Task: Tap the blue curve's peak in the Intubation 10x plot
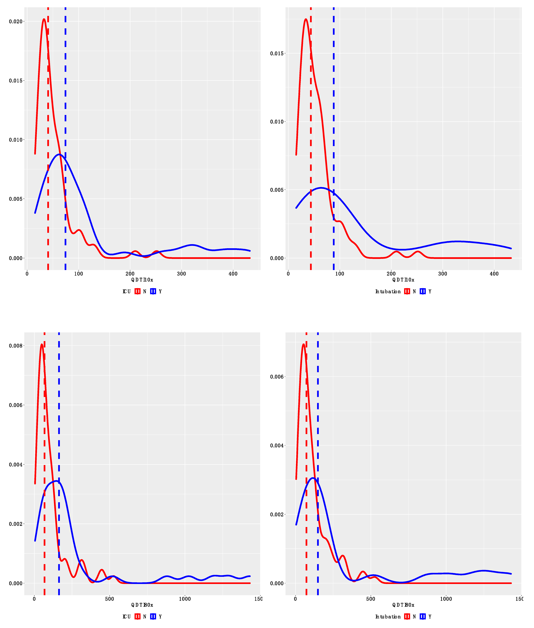coord(321,188)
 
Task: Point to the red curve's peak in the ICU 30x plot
coord(42,344)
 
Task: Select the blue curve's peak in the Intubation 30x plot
coord(313,478)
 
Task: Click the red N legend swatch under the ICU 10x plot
coord(137,291)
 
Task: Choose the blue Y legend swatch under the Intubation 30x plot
coord(423,617)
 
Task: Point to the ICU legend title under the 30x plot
coord(127,617)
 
